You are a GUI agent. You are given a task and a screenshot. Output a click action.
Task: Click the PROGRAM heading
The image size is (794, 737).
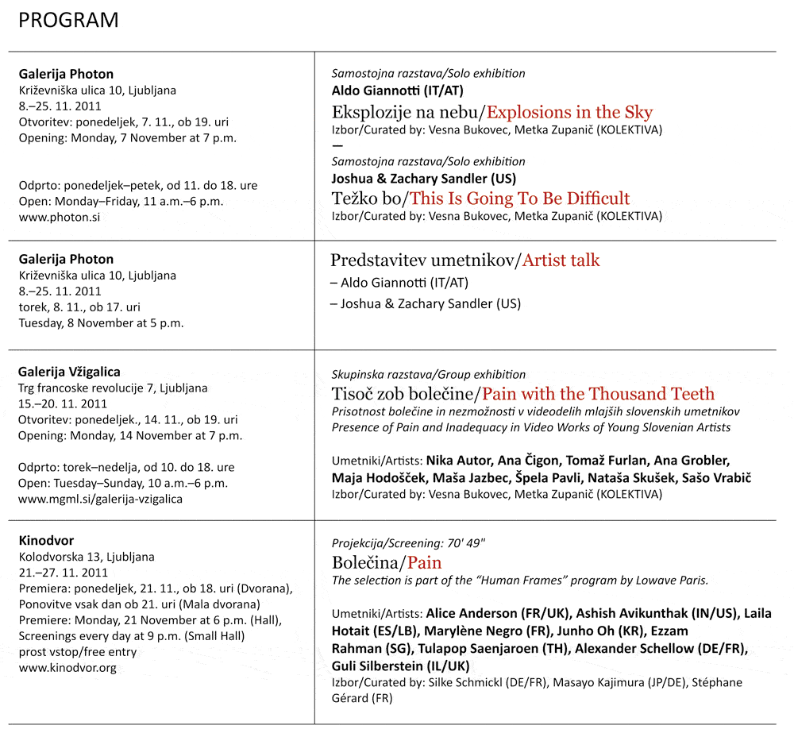coord(68,21)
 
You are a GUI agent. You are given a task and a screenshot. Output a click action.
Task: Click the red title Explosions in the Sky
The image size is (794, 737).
coord(569,112)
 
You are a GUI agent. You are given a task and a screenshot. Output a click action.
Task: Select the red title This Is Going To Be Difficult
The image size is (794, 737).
coord(519,198)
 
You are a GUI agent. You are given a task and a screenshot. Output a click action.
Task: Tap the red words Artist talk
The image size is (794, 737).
coord(561,260)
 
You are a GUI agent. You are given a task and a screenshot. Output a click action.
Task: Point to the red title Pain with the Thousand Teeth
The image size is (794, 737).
coord(599,393)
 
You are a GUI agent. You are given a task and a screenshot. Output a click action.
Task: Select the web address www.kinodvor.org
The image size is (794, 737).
coord(67,668)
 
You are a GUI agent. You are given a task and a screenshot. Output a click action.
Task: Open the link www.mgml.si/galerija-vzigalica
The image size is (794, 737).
coord(100,499)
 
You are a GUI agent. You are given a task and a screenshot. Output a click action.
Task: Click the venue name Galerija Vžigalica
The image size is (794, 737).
coord(69,372)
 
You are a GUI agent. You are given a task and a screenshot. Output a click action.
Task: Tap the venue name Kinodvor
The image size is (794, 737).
coord(46,541)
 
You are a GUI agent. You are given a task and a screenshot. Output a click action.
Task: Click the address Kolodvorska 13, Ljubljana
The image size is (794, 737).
coord(87,557)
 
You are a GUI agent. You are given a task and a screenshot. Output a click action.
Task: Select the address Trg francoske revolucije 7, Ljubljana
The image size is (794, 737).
coord(113,388)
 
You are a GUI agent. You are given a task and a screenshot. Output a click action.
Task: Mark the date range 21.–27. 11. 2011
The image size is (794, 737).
coord(64,573)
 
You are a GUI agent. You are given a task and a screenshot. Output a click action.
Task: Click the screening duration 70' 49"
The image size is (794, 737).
coord(463,543)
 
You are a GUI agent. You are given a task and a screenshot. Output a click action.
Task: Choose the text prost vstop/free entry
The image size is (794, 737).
coord(78,652)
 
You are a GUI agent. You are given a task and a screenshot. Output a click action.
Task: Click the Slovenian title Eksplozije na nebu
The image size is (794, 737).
coord(407,112)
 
